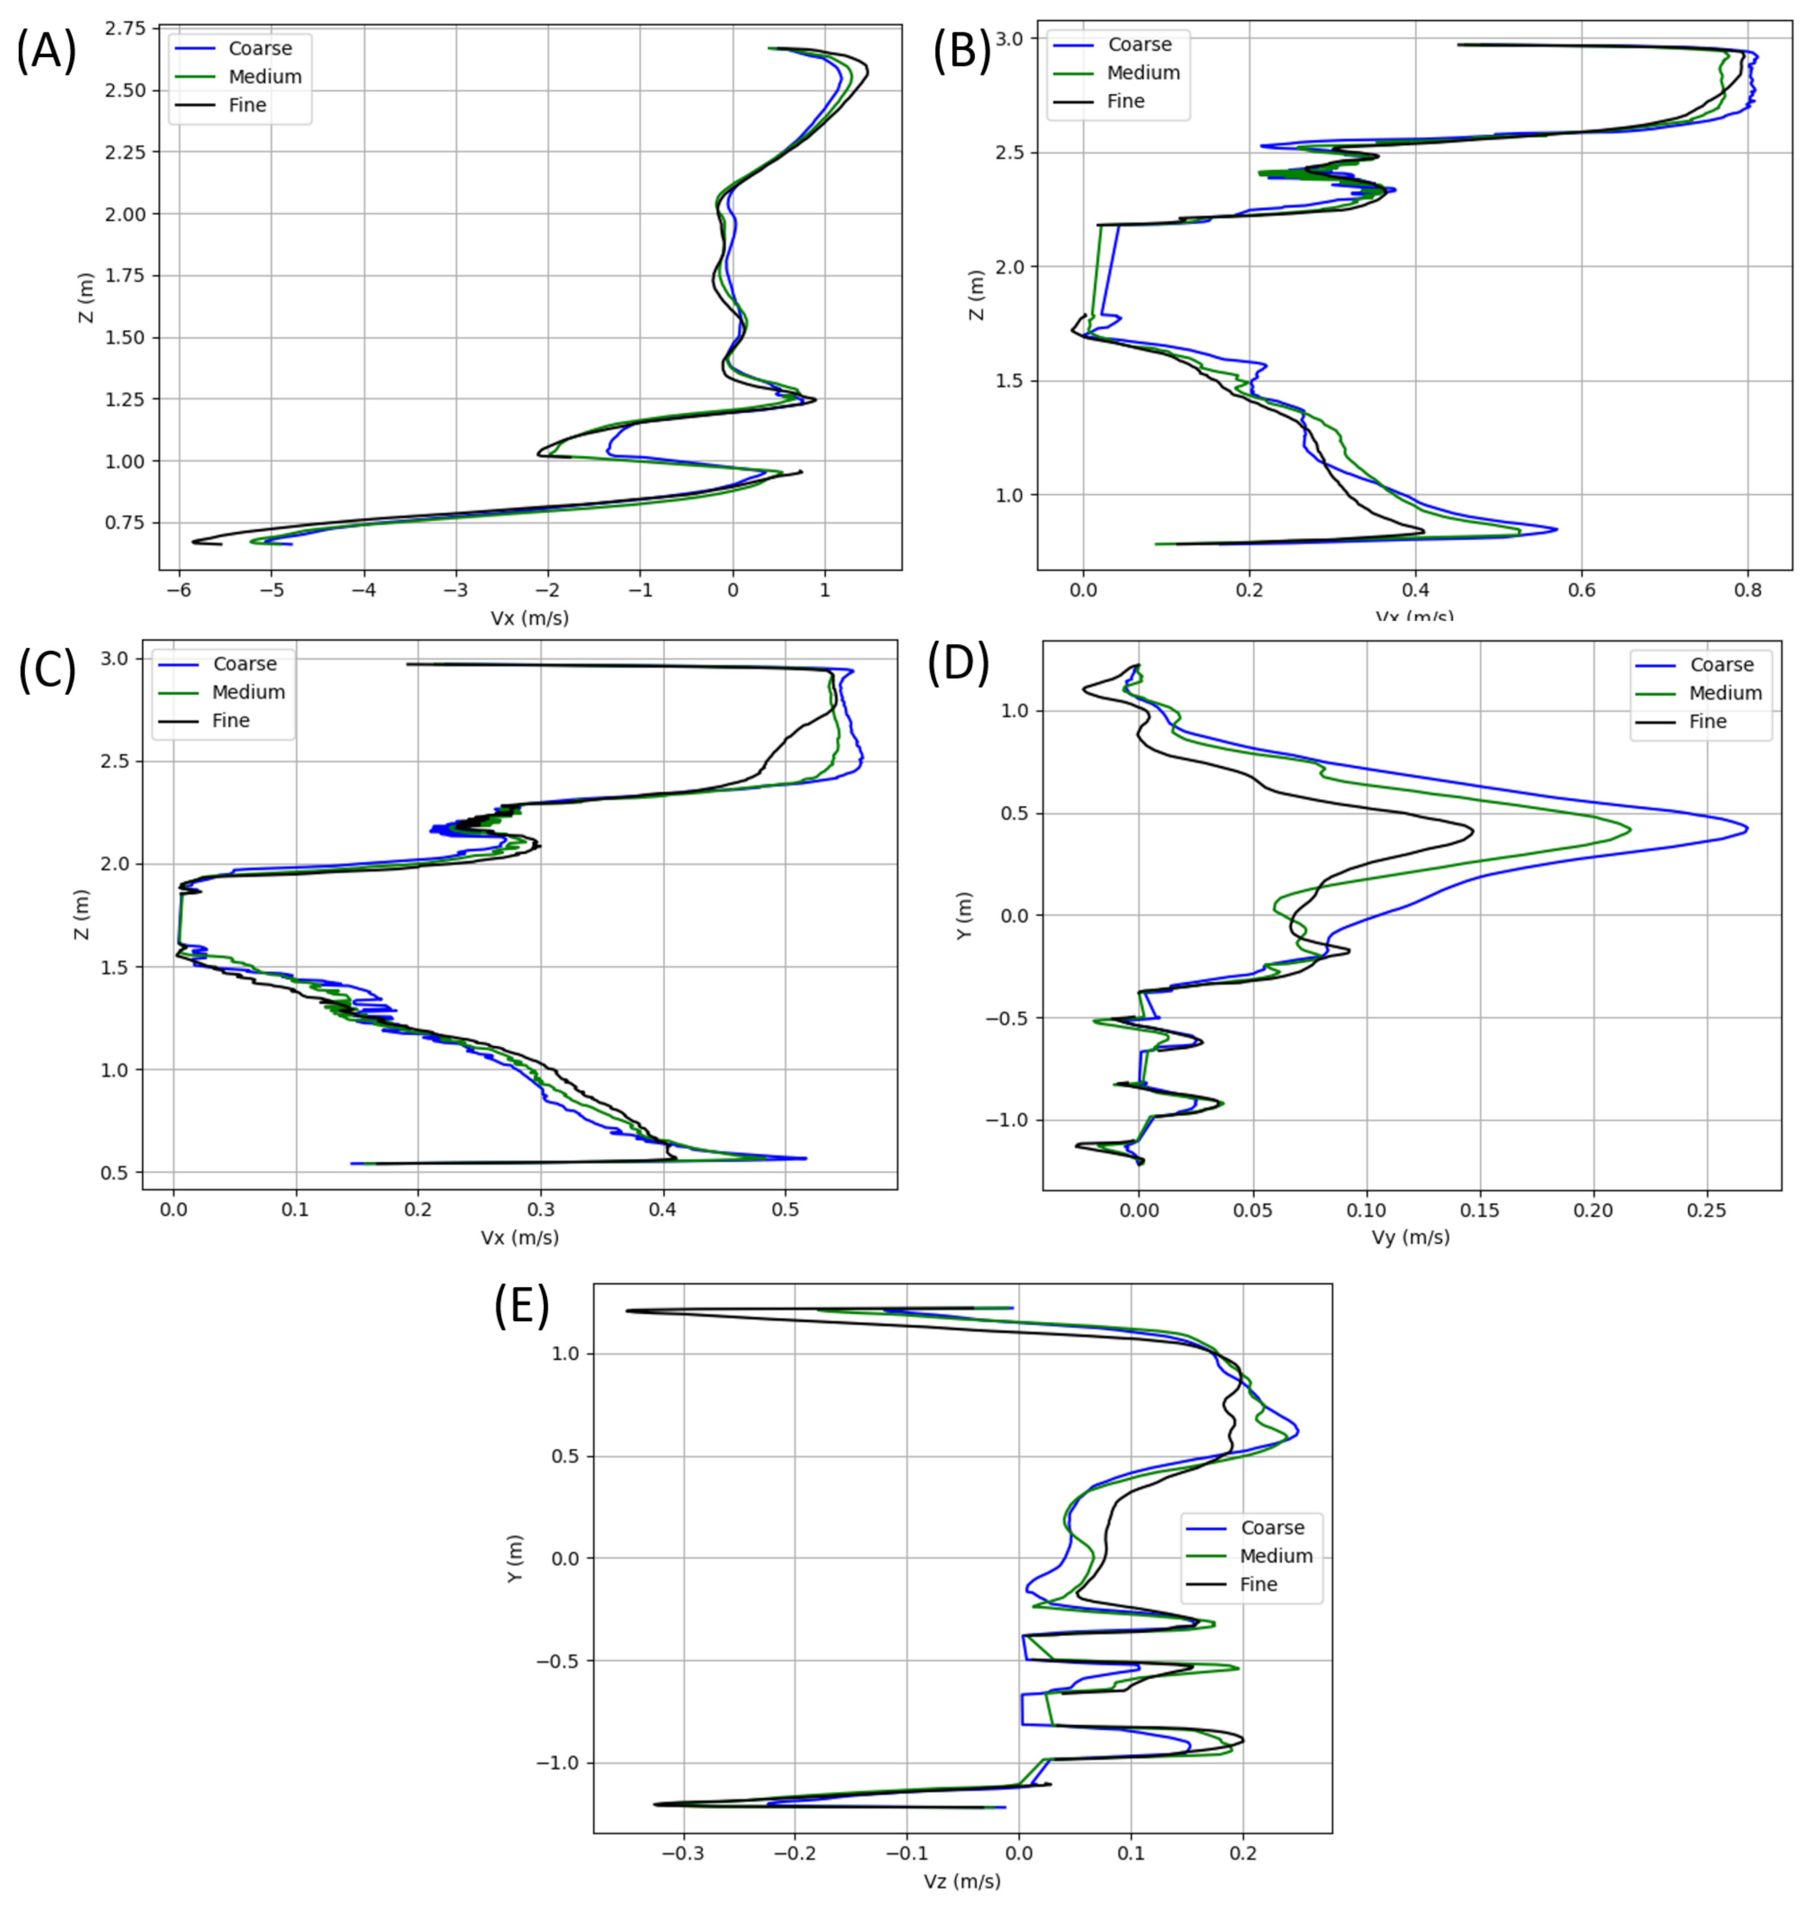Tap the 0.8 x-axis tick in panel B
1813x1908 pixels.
pos(1748,587)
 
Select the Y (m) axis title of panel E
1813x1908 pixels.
pos(515,1558)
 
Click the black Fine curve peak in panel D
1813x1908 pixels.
pos(1472,829)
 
